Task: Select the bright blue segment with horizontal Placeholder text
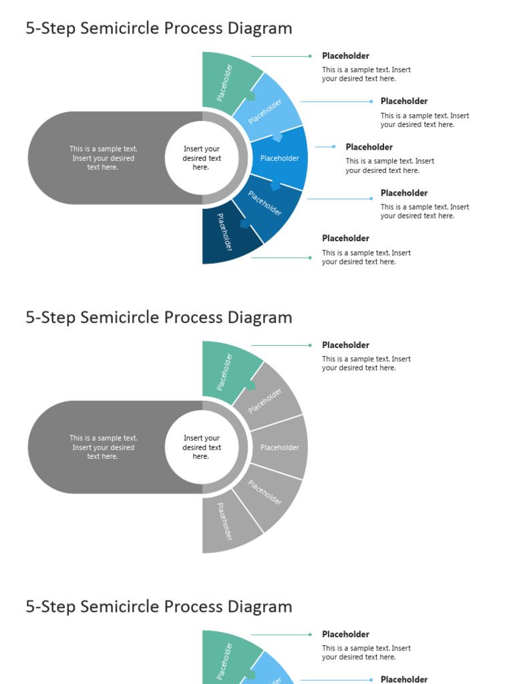[x=279, y=158]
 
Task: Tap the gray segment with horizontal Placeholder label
[x=279, y=448]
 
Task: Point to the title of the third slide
[x=159, y=607]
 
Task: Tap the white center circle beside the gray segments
[x=202, y=448]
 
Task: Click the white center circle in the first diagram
[x=202, y=158]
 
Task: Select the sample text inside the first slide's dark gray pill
[x=103, y=158]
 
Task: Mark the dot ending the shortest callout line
[x=334, y=147]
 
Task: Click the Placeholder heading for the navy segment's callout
[x=345, y=238]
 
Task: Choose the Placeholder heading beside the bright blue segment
[x=369, y=147]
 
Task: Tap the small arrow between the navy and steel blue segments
[x=244, y=224]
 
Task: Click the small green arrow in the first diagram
[x=251, y=97]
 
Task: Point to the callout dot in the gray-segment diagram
[x=310, y=345]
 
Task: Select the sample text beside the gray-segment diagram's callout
[x=366, y=363]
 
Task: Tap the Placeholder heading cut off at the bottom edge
[x=404, y=679]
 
